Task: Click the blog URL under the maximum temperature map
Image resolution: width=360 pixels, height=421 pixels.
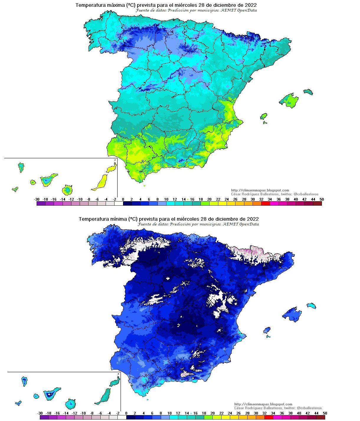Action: (x=260, y=190)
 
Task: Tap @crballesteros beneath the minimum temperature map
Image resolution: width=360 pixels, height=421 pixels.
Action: (x=309, y=408)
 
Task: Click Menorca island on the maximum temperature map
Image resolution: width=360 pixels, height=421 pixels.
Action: (x=308, y=91)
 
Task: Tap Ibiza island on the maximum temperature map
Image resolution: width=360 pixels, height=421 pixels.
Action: (x=264, y=116)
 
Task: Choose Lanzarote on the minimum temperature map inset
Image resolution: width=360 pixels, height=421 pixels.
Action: (x=115, y=383)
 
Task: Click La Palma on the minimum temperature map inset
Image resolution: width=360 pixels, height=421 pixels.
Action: (x=24, y=381)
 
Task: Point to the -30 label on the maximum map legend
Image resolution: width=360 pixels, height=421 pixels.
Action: (x=37, y=199)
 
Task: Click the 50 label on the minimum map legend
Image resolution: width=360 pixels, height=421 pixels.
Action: (x=325, y=413)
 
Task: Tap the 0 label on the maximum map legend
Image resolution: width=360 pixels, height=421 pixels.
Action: (x=123, y=199)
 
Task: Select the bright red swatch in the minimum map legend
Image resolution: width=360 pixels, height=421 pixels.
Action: (x=269, y=417)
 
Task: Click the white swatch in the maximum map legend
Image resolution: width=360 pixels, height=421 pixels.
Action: (x=119, y=203)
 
